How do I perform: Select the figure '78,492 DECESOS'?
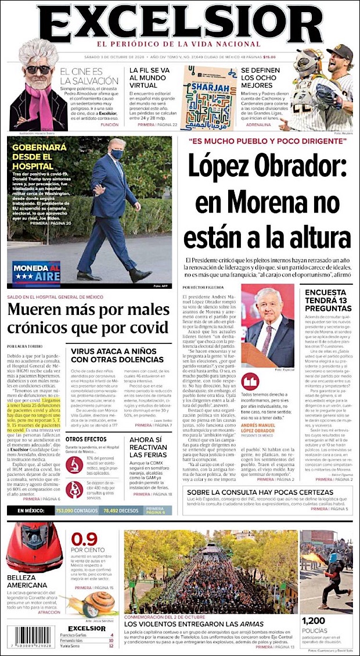(121, 511)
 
